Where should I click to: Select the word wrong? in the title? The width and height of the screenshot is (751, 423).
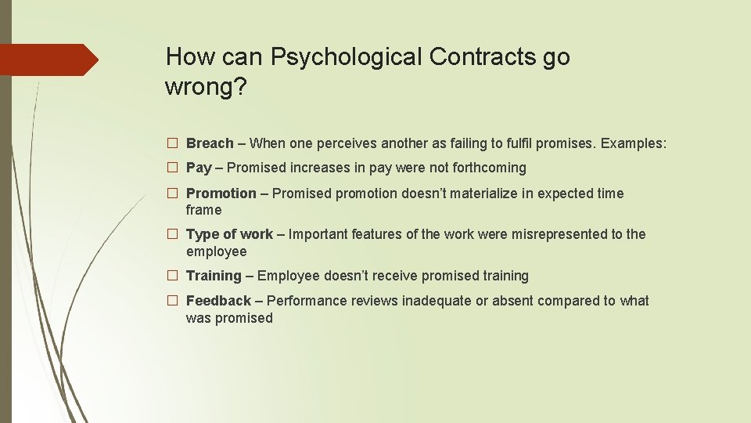[206, 88]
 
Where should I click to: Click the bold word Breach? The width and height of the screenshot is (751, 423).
[210, 143]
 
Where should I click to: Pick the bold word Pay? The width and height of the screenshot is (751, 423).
[199, 168]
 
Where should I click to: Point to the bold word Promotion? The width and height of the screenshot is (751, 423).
[221, 193]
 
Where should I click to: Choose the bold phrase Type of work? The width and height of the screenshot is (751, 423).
[229, 234]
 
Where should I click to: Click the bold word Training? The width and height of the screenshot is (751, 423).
[214, 276]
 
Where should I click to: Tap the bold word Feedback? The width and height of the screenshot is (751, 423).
[218, 301]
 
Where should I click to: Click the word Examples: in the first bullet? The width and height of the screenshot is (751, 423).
[634, 143]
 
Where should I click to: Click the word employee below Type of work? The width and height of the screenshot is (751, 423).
[216, 251]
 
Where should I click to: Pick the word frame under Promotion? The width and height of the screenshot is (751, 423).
[203, 210]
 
